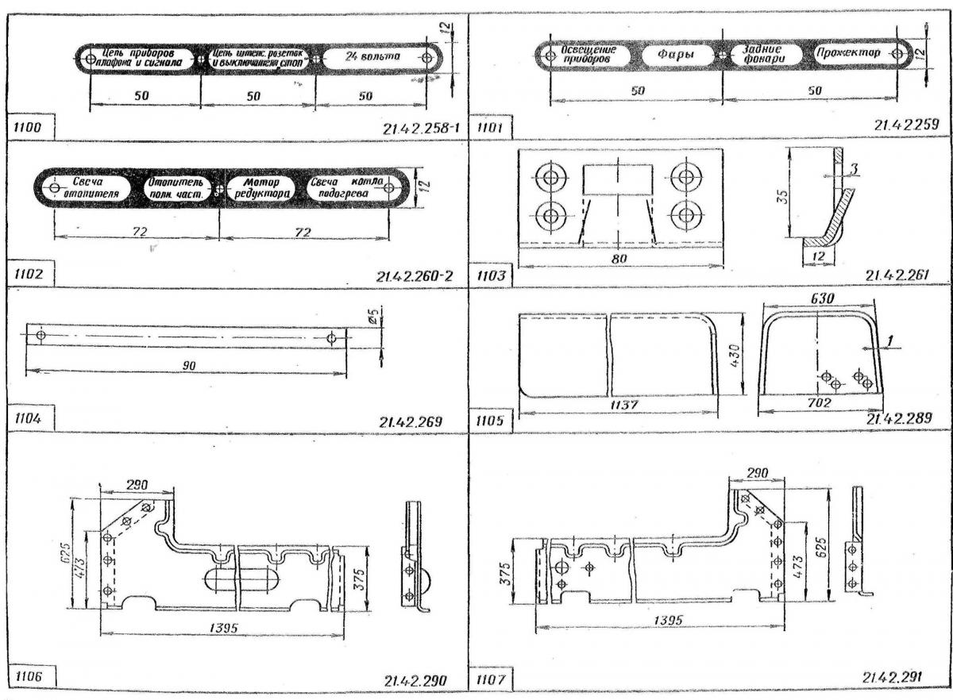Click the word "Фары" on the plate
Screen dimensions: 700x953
(677, 55)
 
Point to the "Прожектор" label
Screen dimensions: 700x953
(847, 54)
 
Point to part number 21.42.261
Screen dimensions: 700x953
(896, 275)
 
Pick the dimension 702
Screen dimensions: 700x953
(818, 404)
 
